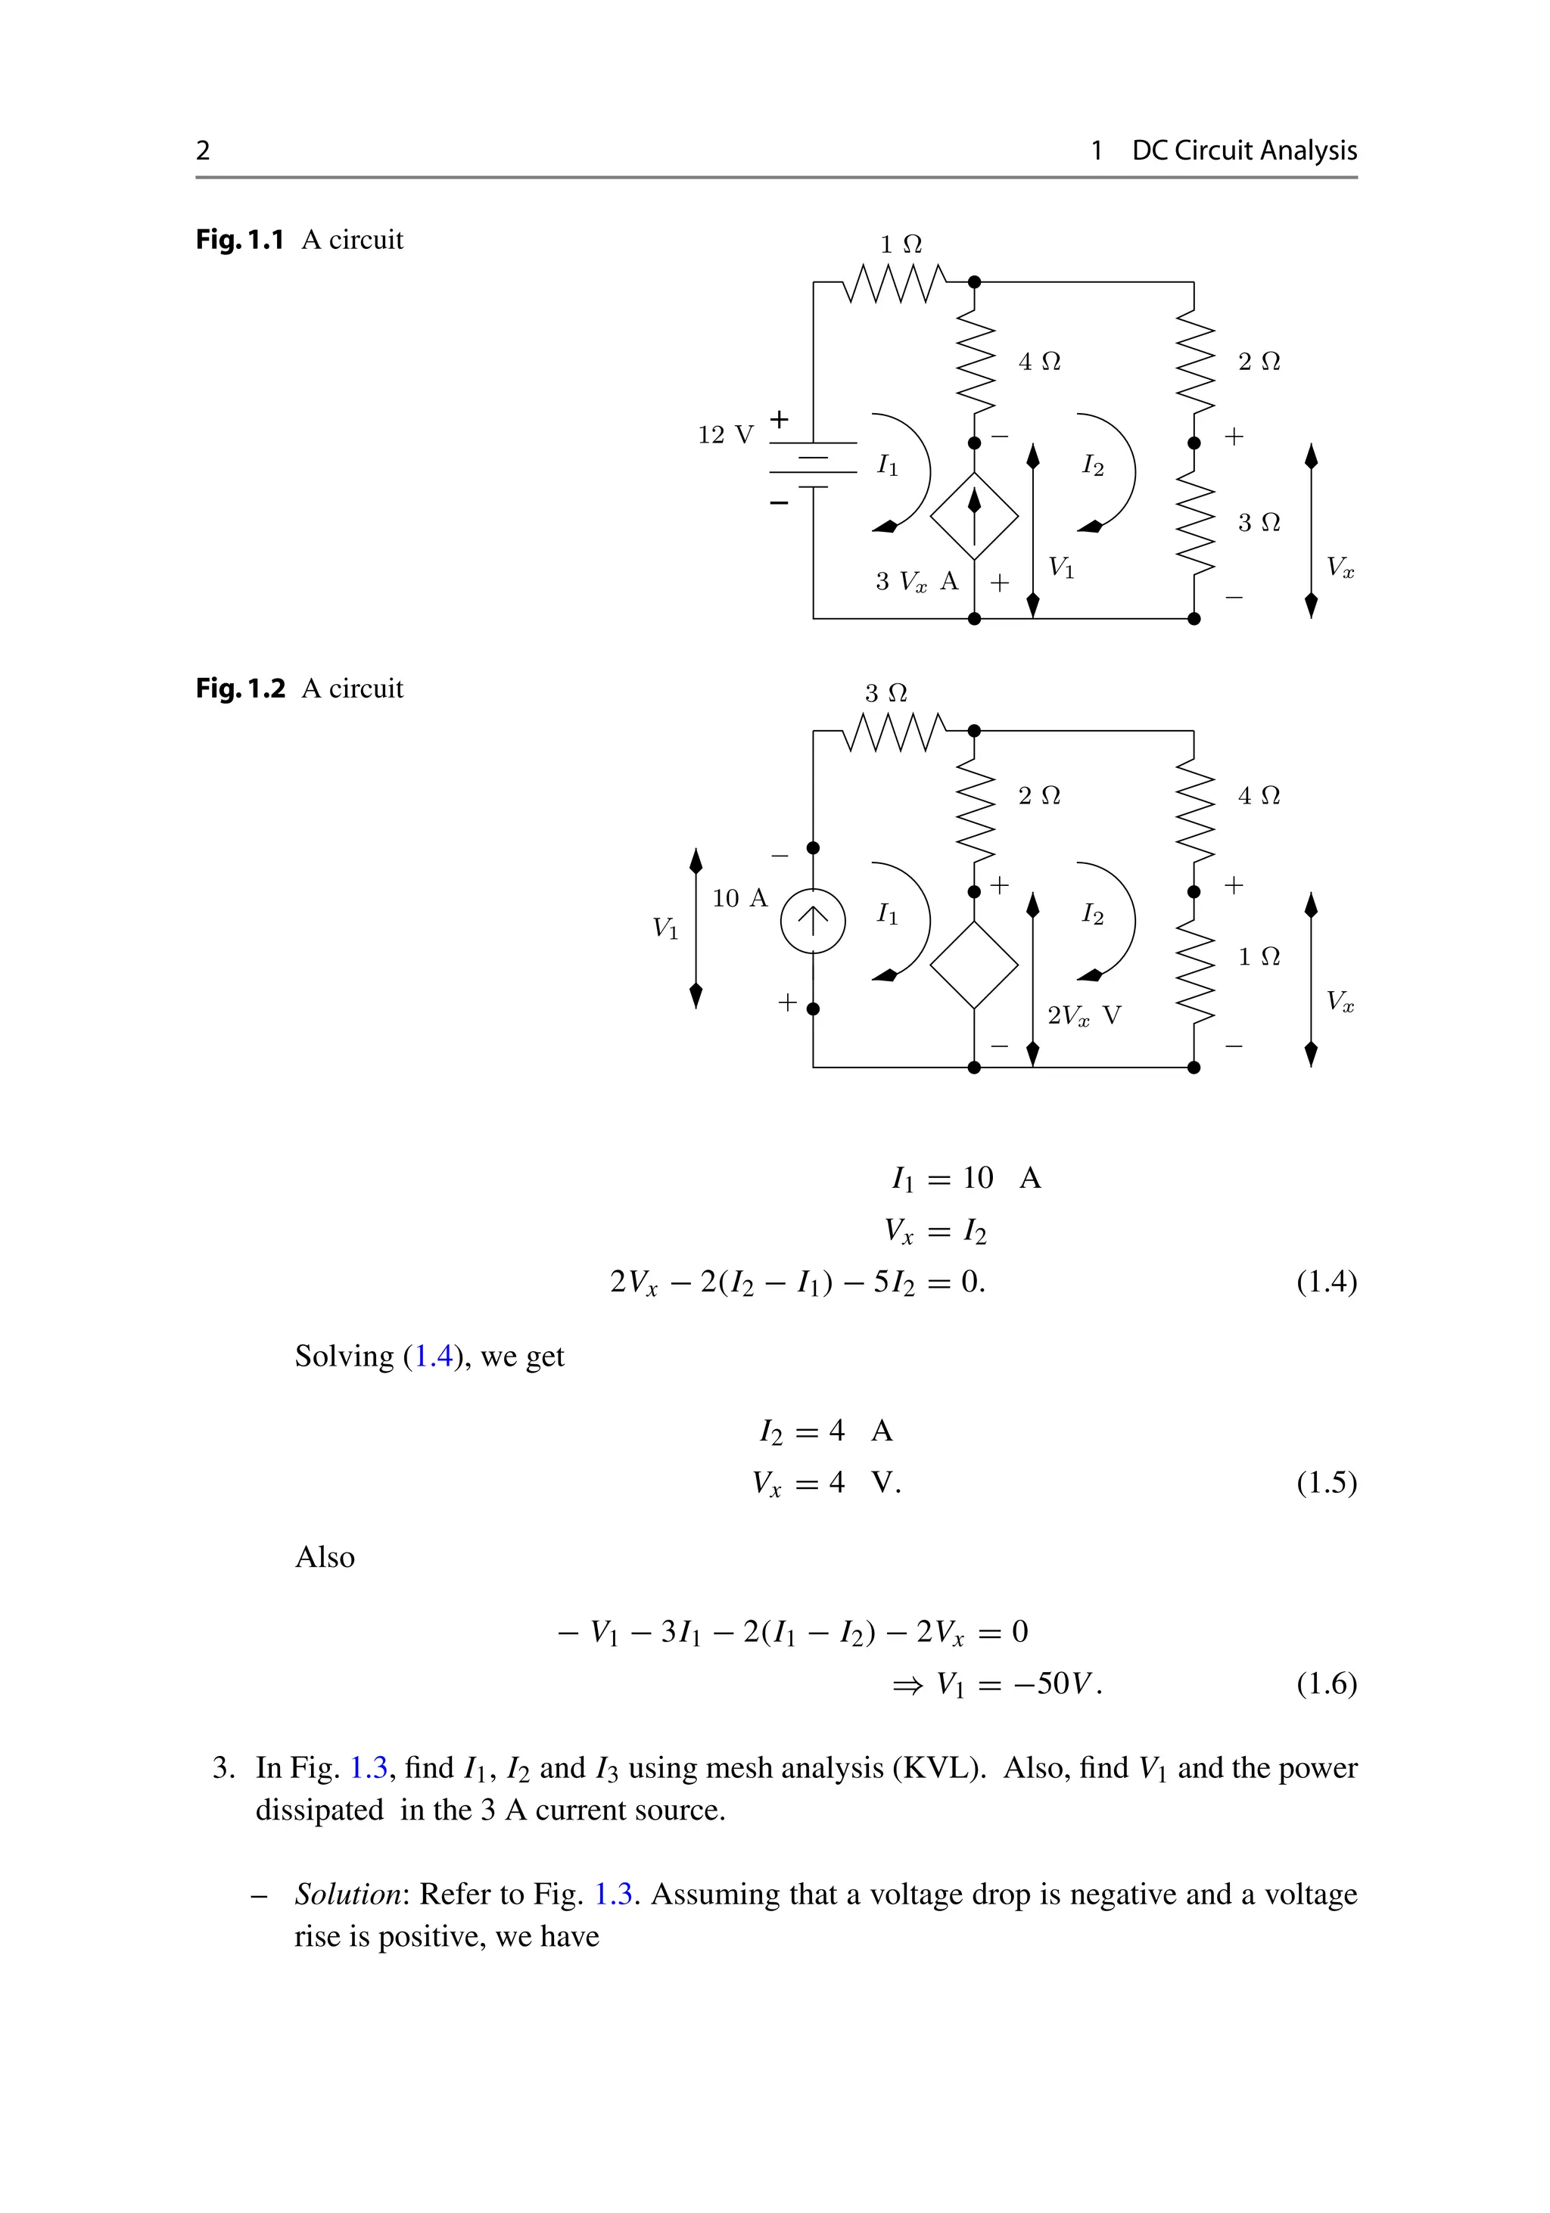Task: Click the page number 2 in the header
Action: tap(202, 151)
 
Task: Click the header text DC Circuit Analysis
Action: tap(1243, 151)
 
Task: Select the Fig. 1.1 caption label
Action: tap(240, 240)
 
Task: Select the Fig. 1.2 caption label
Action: tap(241, 689)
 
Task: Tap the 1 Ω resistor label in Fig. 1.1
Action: tap(901, 245)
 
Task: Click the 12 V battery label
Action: tap(725, 435)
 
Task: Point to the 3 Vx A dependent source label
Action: tap(917, 581)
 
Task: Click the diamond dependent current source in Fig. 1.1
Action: tap(973, 516)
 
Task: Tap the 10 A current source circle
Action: tap(813, 922)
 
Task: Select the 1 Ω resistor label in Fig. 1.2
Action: tap(1259, 957)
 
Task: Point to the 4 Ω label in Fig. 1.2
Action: tap(1259, 796)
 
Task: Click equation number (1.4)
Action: tap(1327, 1282)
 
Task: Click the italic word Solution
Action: tap(348, 1894)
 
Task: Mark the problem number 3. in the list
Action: tap(223, 1767)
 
